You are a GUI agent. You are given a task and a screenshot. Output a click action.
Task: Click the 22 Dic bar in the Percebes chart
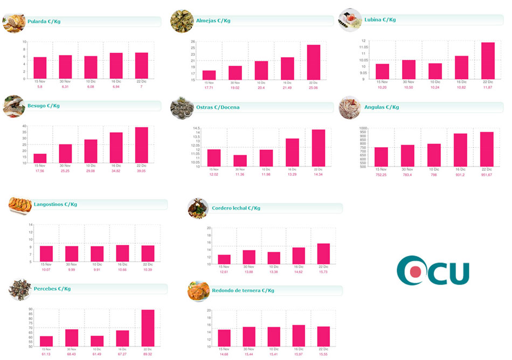point(148,328)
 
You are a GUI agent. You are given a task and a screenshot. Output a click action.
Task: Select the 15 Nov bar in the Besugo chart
point(40,158)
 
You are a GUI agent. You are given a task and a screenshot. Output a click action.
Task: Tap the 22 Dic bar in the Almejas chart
point(314,62)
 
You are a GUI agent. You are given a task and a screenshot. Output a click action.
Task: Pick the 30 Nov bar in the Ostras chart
point(240,161)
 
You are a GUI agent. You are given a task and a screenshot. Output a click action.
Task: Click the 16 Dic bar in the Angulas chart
point(460,149)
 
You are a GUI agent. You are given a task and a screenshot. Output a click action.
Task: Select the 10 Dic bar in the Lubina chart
point(435,71)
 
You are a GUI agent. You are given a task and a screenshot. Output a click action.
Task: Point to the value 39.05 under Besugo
point(142,171)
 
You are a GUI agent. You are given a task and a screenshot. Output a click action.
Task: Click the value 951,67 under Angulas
point(487,175)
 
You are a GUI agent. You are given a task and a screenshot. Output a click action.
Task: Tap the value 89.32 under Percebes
point(148,355)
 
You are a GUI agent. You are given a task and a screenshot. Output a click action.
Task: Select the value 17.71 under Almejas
point(210,87)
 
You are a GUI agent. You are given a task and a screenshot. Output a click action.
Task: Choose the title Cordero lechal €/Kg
point(236,208)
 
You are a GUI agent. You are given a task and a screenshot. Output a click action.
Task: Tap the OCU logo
point(432,271)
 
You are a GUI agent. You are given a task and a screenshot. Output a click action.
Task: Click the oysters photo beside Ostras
point(182,108)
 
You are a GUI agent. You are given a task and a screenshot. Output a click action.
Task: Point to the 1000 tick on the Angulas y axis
point(363,128)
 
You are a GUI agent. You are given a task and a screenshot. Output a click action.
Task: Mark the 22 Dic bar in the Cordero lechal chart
point(323,254)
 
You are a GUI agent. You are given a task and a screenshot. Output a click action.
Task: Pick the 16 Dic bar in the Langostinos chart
point(122,253)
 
